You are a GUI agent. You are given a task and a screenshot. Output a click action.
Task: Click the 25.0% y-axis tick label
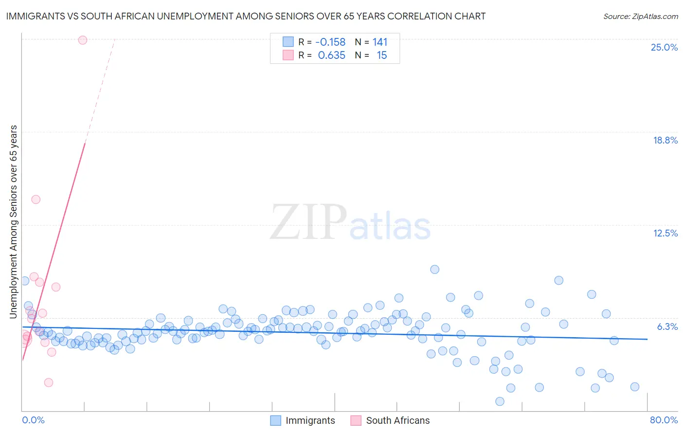tap(664, 47)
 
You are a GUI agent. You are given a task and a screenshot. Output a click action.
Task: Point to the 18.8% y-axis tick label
tap(665, 140)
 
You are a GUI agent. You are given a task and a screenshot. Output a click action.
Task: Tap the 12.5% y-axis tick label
tap(665, 233)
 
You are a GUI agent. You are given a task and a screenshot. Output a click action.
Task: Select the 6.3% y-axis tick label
tap(667, 326)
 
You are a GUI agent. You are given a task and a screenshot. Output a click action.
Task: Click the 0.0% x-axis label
tap(33, 420)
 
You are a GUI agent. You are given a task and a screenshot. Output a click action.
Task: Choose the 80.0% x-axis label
tap(664, 420)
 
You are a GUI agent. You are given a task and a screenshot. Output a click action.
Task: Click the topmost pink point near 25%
tap(83, 40)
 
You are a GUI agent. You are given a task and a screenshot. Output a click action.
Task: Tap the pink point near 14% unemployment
tap(36, 199)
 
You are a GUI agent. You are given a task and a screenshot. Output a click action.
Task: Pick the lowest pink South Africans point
tap(49, 382)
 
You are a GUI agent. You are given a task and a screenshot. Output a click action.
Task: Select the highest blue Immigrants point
tap(435, 270)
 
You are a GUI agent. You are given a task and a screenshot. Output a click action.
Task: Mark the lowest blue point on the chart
tap(500, 401)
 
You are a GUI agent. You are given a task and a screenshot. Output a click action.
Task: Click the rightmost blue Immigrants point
tap(635, 387)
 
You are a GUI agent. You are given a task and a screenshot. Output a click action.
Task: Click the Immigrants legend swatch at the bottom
tap(276, 420)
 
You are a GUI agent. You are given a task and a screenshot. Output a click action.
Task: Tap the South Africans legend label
tap(397, 420)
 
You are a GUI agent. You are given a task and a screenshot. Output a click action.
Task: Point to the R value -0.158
tap(331, 42)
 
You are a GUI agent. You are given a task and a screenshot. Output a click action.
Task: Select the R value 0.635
tap(331, 55)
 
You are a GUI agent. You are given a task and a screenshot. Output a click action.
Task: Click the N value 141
tap(380, 42)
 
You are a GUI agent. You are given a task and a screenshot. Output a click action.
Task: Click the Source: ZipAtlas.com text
tap(640, 17)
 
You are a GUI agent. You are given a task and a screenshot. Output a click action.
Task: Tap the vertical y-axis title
tap(14, 222)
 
